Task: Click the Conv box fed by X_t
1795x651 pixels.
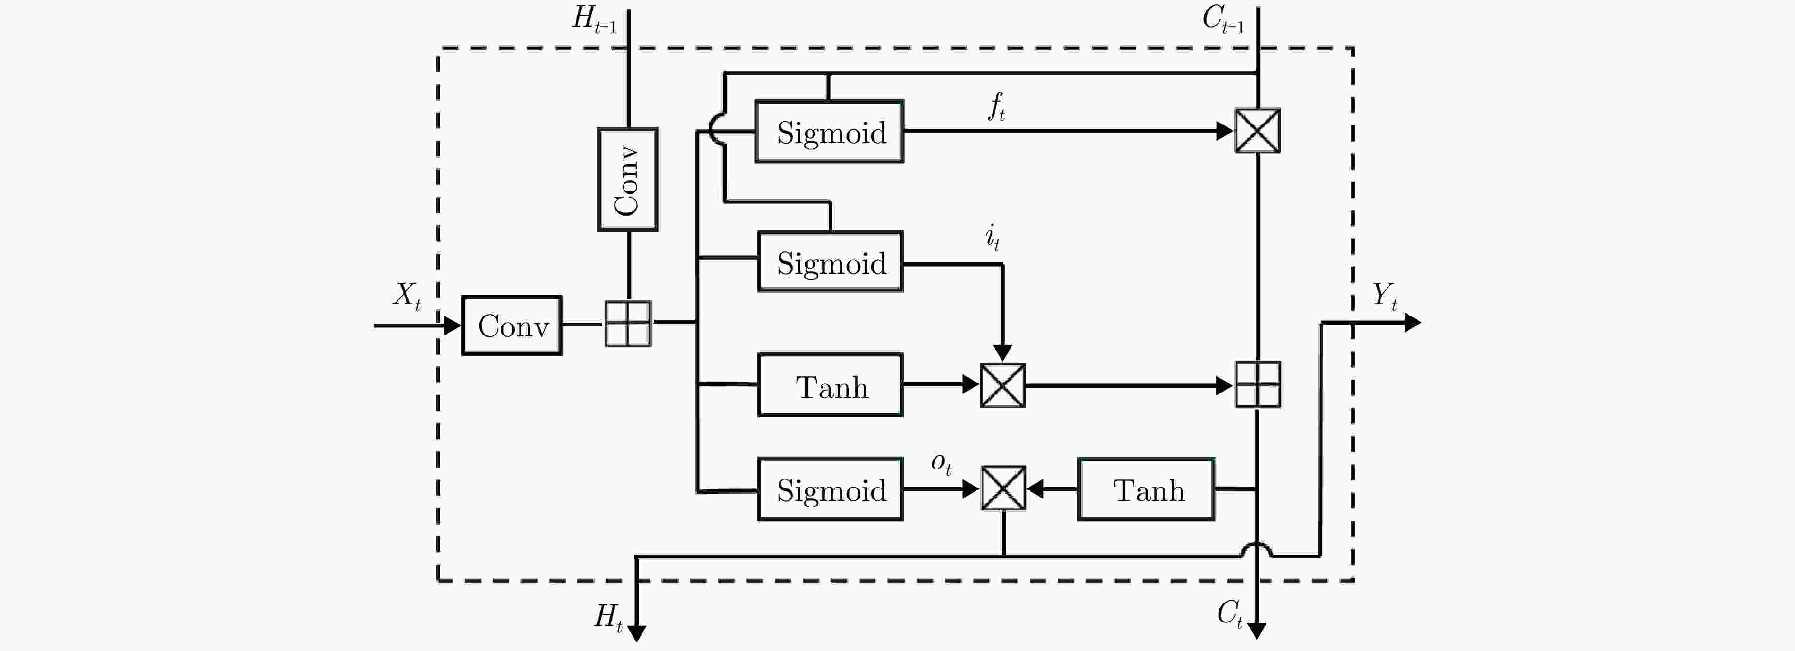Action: pos(512,325)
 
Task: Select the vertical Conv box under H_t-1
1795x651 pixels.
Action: pos(627,179)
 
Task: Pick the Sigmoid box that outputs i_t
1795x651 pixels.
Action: pos(831,261)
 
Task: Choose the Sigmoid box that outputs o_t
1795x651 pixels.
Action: pos(831,489)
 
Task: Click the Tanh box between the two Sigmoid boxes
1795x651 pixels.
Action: pos(831,385)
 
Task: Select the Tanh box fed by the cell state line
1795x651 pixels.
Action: pos(1146,489)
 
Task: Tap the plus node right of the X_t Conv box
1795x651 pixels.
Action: pos(627,324)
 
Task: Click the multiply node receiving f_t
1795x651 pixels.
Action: pos(1257,130)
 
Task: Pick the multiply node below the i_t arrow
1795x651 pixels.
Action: pos(1003,385)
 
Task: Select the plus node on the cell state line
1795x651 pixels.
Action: pos(1258,384)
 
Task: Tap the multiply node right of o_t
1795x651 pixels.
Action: pos(1003,488)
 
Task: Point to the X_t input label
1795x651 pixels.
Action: pos(407,296)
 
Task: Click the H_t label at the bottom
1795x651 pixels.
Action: pos(608,617)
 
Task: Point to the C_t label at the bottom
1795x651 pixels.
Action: pos(1230,614)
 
